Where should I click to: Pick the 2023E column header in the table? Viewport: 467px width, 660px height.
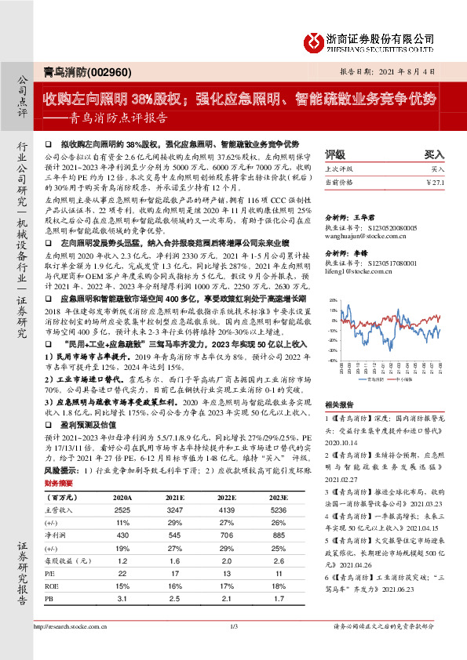[x=275, y=497]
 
